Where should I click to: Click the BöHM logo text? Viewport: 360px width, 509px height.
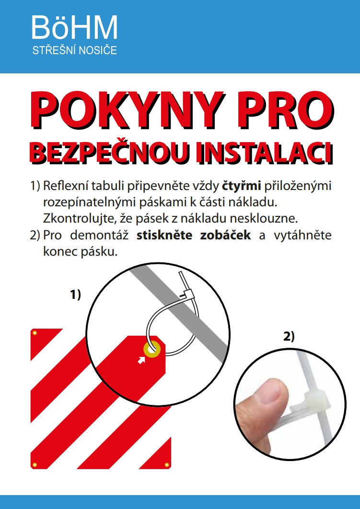tap(75, 28)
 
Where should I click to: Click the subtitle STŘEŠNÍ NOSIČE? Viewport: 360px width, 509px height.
tap(75, 50)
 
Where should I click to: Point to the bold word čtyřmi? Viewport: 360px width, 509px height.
tap(242, 186)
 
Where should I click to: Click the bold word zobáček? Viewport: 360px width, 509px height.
tap(225, 235)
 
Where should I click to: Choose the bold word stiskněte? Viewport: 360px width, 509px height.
tap(164, 235)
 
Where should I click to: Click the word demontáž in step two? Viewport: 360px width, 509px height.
tap(99, 235)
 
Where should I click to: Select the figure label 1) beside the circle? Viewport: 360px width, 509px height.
tap(76, 295)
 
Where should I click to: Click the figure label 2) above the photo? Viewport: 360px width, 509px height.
tap(289, 336)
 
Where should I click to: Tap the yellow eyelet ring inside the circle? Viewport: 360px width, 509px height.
tap(152, 349)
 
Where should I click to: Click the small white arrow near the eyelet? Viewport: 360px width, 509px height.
tap(141, 360)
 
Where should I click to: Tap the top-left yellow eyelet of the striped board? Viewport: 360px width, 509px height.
tap(35, 333)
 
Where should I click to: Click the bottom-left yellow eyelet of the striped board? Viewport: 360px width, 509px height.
tap(35, 465)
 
